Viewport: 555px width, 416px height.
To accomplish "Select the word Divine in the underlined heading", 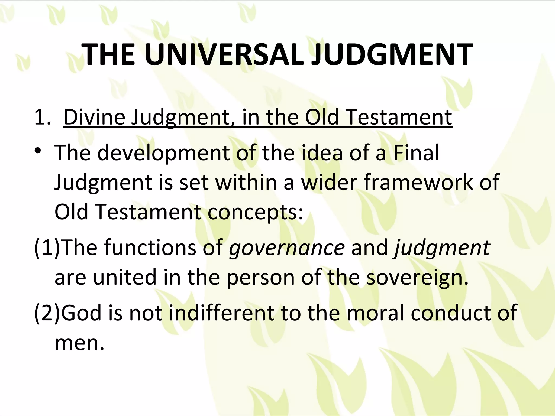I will (94, 117).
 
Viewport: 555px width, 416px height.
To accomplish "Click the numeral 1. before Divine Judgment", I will (42, 117).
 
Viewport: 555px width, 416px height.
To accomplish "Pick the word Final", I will (416, 153).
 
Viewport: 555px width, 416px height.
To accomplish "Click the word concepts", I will (255, 212).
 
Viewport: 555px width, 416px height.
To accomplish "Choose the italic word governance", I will (287, 248).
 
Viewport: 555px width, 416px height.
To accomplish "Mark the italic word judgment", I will (442, 248).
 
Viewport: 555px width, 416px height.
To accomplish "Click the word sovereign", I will (417, 278).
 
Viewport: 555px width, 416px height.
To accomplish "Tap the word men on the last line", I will (79, 343).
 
